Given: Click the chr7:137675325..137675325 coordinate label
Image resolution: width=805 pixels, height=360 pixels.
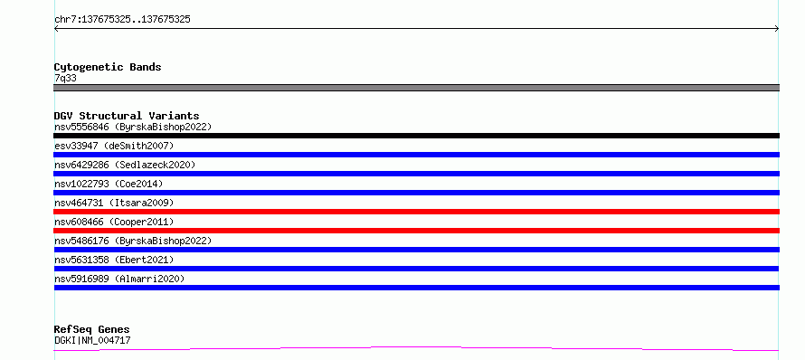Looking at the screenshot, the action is [122, 20].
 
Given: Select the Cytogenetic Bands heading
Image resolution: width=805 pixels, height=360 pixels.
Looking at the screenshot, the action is [108, 67].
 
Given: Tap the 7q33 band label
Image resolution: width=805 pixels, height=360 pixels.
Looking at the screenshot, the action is [66, 79].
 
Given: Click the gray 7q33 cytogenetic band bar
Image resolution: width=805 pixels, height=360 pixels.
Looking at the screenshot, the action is [416, 88].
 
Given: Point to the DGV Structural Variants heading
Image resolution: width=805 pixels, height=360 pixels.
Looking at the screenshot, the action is [127, 116].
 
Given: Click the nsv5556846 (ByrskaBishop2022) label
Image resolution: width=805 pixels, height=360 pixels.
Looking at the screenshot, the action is [133, 127].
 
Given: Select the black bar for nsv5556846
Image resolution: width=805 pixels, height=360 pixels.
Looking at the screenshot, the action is [416, 136].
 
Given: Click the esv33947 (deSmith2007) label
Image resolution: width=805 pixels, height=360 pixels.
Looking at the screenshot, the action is [114, 146].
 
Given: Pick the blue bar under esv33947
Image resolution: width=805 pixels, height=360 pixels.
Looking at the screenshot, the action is [416, 155].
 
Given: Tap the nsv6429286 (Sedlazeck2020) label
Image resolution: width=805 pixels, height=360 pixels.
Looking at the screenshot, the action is [125, 165].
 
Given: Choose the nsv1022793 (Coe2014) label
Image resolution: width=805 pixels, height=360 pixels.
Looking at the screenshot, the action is [109, 184].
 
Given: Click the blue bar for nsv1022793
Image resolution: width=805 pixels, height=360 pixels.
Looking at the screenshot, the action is [416, 193].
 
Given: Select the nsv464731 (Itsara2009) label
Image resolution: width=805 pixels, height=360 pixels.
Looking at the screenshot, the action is [114, 203].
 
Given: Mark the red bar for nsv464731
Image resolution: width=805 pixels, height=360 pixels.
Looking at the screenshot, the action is [416, 212].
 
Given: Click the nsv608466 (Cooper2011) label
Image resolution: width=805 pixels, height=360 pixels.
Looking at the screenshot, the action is [114, 222].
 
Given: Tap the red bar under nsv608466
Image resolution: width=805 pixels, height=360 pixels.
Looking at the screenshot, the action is [416, 231].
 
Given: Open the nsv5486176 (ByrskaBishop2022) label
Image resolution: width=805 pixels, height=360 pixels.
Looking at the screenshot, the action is [133, 241].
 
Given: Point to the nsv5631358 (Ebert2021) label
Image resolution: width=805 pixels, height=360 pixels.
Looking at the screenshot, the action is [114, 260].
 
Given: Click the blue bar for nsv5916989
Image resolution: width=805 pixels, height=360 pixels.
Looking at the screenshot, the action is [416, 288].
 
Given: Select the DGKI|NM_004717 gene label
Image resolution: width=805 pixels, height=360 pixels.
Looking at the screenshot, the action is [92, 340].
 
